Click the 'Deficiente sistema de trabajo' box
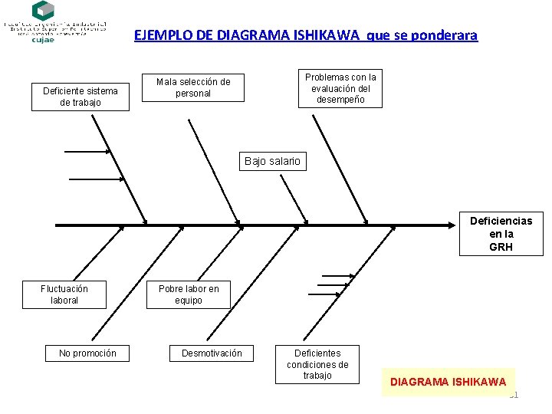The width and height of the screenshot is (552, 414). point(80,97)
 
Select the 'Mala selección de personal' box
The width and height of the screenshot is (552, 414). point(193,87)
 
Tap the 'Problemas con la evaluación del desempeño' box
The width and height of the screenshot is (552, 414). point(340,88)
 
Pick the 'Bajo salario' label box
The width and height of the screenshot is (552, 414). point(273,161)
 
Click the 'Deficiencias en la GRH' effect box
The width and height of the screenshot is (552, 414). point(501,234)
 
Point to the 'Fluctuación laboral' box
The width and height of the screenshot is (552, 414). point(64,294)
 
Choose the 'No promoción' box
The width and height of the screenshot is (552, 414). point(87,353)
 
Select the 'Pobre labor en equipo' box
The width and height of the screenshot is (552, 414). point(189,294)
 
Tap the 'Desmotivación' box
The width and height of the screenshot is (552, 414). point(212,353)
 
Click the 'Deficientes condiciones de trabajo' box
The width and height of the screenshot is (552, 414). point(317,364)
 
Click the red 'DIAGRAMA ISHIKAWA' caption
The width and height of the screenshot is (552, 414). point(449,381)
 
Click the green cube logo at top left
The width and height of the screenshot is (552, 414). point(43,11)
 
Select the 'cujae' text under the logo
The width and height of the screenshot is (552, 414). point(43,40)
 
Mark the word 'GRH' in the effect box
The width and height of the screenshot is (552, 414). point(501,247)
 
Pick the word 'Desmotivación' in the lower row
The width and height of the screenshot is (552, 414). point(212,353)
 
